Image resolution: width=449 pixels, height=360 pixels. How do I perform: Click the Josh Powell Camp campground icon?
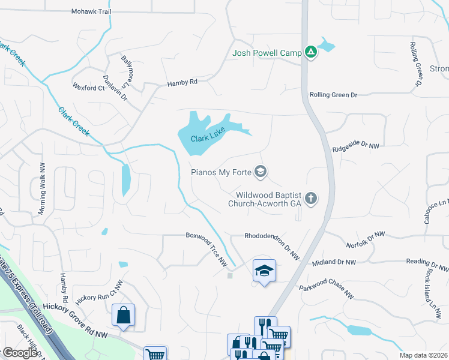coord(310,53)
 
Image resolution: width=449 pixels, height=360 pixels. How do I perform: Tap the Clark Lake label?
coord(207,138)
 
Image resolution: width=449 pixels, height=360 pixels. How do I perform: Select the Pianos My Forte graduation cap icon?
coord(260,172)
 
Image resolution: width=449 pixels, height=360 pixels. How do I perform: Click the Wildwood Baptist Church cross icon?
coord(310,198)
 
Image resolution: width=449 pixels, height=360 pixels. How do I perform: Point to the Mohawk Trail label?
coord(91,11)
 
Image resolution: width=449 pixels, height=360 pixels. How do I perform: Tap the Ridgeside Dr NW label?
coord(356,145)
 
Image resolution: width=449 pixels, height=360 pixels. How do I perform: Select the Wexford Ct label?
coord(88,88)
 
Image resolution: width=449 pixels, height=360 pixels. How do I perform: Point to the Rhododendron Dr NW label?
coord(272,244)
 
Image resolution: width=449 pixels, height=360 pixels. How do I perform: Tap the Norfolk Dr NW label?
coord(365,240)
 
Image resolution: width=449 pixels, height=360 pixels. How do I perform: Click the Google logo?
coord(20,353)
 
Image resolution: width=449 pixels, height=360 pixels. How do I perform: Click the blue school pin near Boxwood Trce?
coord(264,272)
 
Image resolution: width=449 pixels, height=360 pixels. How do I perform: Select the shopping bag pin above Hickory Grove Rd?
coord(123,316)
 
